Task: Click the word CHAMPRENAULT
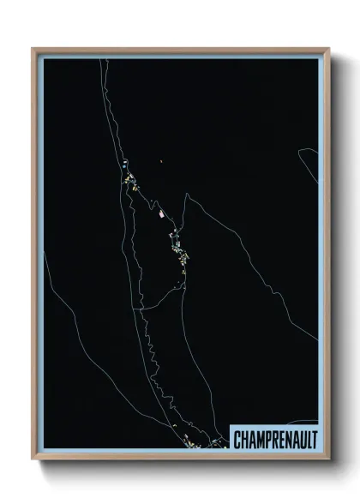click(x=274, y=439)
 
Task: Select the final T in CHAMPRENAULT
click(x=313, y=439)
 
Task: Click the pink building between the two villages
click(x=158, y=207)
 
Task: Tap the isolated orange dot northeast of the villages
click(x=161, y=160)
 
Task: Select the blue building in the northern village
click(x=124, y=165)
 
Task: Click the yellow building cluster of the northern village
click(x=132, y=181)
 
